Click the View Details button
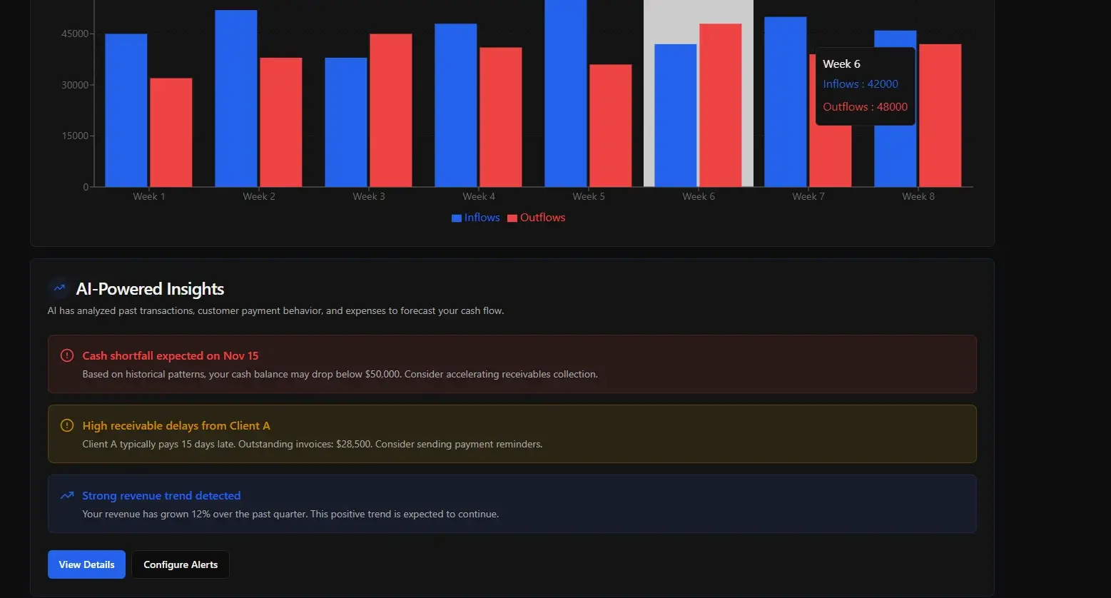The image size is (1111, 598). tap(86, 564)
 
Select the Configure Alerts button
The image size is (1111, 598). tap(181, 564)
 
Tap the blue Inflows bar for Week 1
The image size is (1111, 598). tap(126, 111)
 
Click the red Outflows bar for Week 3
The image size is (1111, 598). tap(390, 111)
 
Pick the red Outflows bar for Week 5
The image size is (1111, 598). tap(610, 126)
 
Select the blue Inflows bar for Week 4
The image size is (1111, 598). tap(456, 106)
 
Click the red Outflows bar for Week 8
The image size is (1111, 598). tap(940, 116)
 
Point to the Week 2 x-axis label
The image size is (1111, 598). tap(259, 196)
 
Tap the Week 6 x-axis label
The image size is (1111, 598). tap(699, 196)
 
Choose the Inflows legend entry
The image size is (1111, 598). tap(476, 218)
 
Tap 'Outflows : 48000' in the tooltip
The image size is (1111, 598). tap(865, 107)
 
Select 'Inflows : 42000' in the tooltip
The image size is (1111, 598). tap(860, 84)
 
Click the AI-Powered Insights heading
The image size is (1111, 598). tap(150, 289)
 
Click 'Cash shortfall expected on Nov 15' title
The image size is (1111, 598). tap(171, 355)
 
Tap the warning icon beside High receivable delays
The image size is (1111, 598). tap(67, 425)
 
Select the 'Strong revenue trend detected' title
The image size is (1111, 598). tap(161, 495)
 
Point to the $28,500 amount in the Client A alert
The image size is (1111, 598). tap(353, 444)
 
